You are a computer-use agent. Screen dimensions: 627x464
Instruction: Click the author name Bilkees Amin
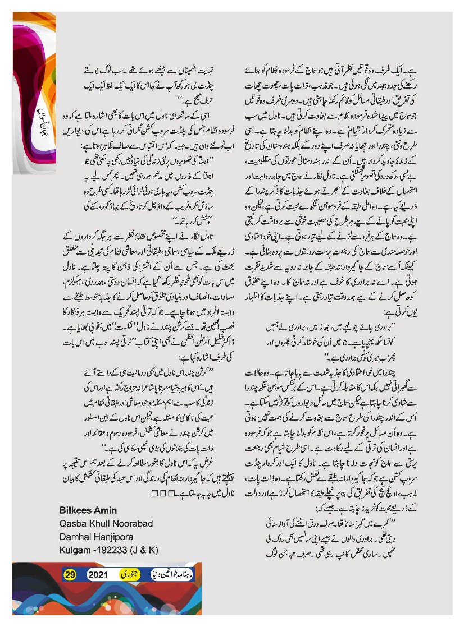[x=88, y=509]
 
